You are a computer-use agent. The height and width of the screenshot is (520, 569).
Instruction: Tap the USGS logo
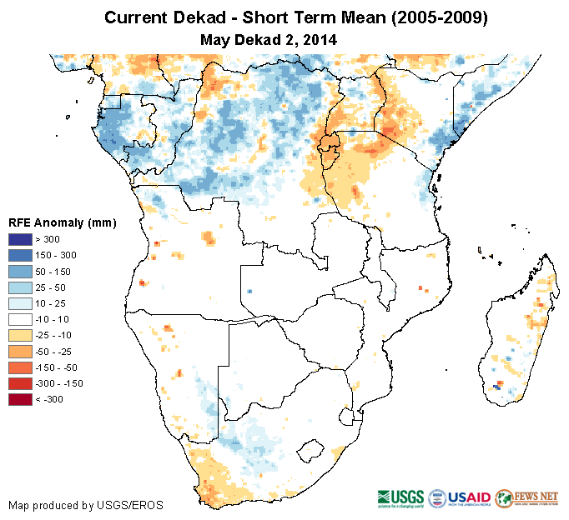tap(401, 497)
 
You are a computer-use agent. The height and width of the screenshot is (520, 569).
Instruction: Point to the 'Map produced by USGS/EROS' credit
tap(86, 505)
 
